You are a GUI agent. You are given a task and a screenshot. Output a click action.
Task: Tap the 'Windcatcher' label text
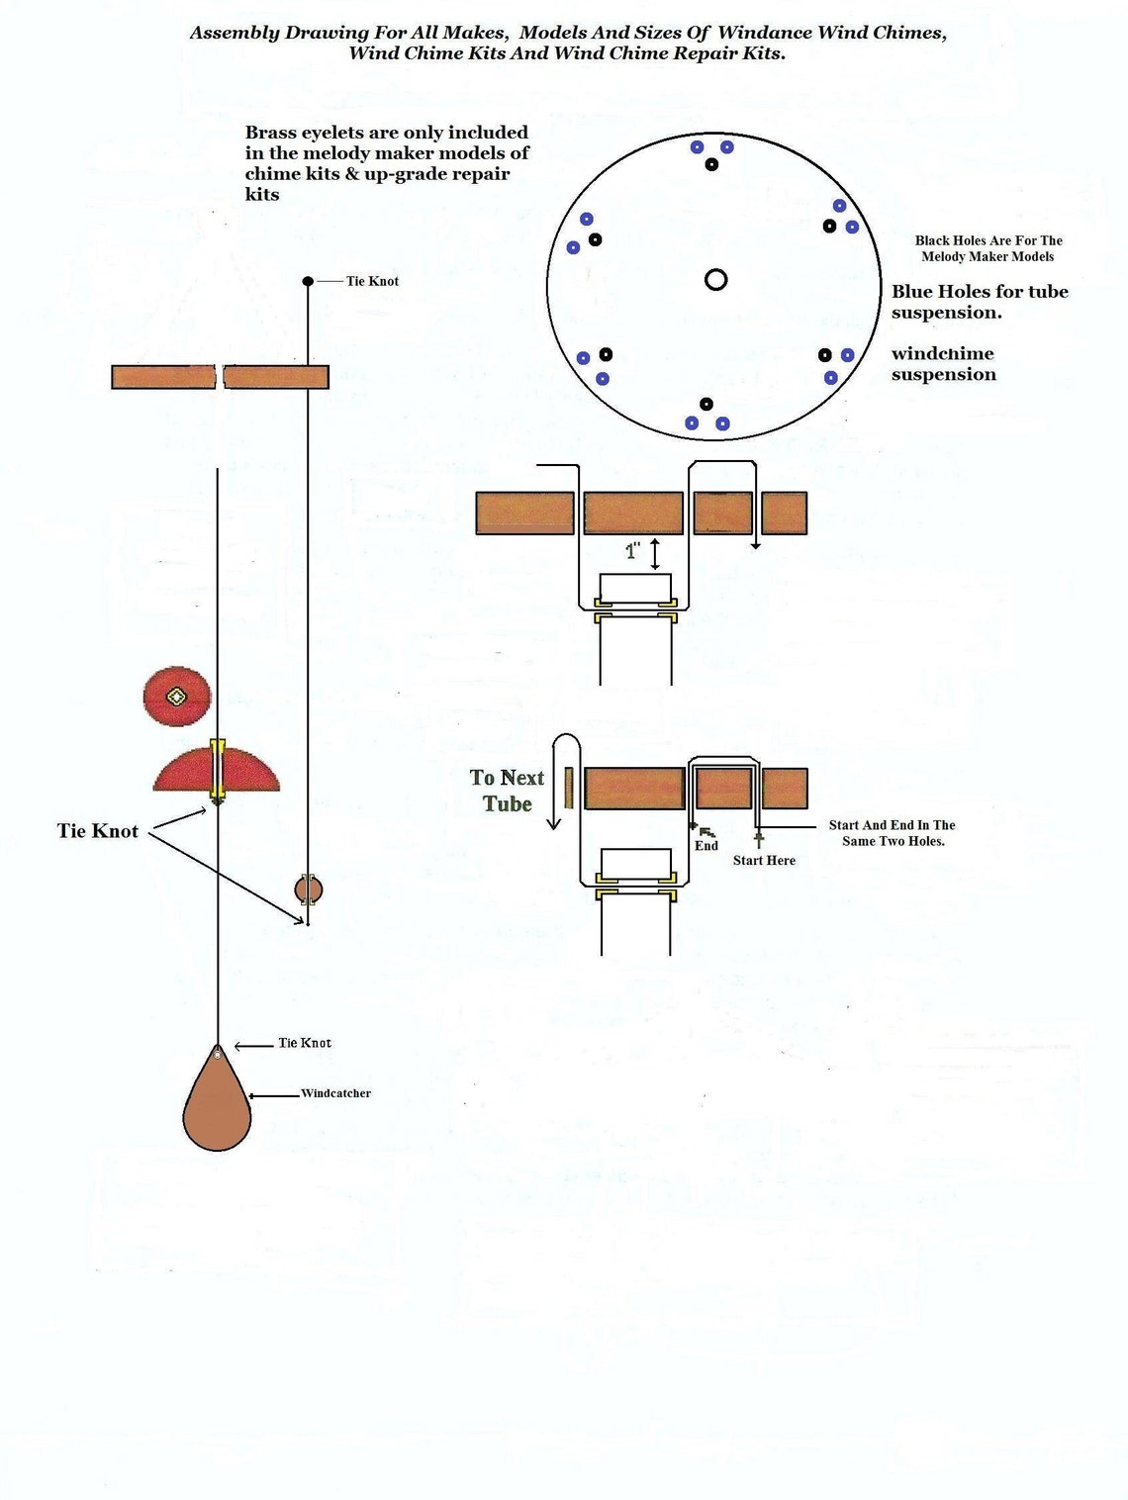[335, 1093]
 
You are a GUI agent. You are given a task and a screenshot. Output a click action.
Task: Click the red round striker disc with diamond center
[177, 697]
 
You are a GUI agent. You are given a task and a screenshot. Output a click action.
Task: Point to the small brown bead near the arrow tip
[308, 890]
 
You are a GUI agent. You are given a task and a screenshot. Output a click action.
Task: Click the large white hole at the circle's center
[716, 280]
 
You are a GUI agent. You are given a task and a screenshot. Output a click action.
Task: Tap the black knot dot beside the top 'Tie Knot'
[308, 282]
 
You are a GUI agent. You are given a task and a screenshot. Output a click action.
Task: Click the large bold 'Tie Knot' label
[97, 831]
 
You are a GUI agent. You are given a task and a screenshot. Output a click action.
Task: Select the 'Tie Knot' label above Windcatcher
[304, 1043]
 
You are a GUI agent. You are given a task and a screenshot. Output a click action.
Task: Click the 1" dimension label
[633, 552]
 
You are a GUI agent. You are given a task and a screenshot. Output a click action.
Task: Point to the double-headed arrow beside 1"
[655, 553]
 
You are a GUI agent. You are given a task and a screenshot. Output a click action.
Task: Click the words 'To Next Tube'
[507, 791]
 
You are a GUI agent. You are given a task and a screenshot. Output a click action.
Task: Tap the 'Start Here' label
[764, 861]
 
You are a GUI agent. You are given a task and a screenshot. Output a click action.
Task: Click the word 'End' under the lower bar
[706, 846]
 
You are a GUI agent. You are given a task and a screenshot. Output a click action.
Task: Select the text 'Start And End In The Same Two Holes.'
[893, 833]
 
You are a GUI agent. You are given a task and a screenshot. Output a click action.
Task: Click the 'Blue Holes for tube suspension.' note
[979, 302]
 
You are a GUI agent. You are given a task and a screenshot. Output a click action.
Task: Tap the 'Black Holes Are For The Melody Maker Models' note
[987, 248]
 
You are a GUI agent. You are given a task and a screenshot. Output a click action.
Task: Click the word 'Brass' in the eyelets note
[270, 133]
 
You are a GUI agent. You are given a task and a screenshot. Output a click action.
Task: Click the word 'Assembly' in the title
[235, 33]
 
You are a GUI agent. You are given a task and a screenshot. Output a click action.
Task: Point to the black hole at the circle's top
[711, 164]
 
